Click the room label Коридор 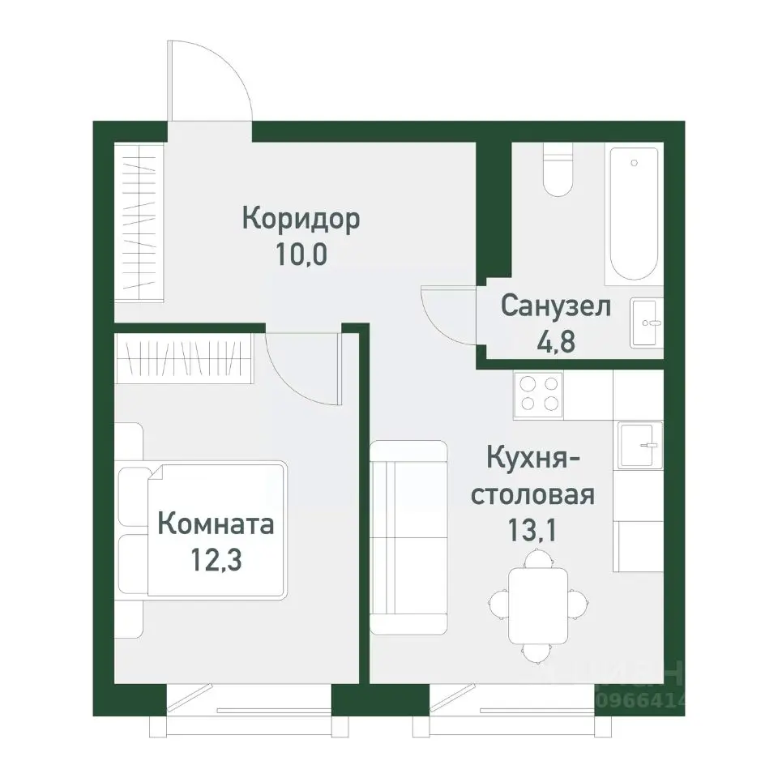301,220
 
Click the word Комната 216,524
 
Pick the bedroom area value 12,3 216,560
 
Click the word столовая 533,494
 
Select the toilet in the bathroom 558,170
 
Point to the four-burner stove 539,394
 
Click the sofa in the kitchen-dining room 409,537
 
